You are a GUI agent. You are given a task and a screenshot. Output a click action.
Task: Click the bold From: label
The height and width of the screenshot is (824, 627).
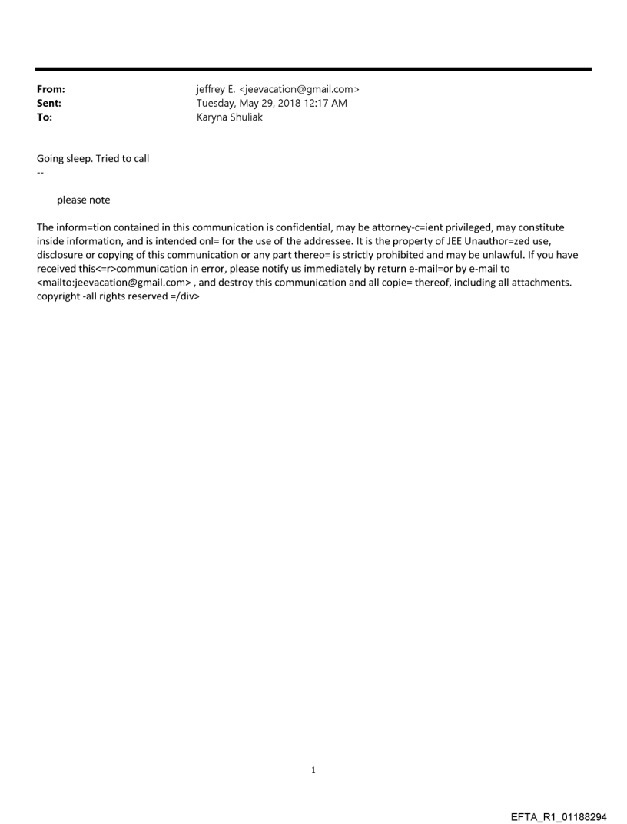click(51, 89)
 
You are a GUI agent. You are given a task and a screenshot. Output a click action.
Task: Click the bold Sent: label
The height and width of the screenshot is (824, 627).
click(49, 103)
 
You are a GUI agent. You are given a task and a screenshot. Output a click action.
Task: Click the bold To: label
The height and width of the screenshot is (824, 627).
click(45, 117)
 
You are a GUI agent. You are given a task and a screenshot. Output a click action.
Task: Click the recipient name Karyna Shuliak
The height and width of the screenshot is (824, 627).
click(230, 117)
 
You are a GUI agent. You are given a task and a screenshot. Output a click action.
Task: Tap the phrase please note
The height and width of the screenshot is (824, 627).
click(83, 200)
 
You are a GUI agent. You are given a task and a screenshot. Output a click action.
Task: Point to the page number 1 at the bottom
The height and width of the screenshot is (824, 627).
click(313, 769)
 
